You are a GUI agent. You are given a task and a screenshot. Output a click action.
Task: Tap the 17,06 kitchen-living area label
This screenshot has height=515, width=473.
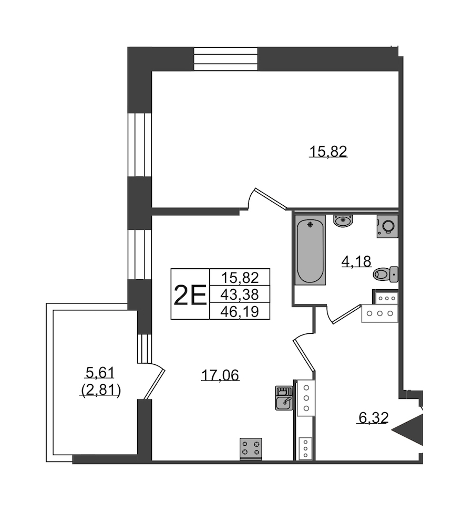[x=220, y=374]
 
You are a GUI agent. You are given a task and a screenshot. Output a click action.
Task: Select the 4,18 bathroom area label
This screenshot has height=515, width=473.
[x=356, y=261]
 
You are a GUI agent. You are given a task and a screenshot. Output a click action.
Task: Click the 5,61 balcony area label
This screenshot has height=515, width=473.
[x=100, y=372]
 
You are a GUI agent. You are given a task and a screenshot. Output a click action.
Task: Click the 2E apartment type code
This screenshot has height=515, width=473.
[x=190, y=295]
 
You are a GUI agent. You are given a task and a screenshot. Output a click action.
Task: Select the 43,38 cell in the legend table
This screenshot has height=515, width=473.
[x=240, y=295]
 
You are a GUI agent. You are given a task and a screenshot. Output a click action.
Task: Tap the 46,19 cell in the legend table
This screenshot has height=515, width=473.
[x=240, y=311]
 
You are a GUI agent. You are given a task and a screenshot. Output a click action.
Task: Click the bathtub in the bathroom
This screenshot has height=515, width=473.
[x=310, y=249]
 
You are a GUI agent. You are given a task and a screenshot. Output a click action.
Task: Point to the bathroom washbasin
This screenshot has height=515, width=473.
[x=343, y=220]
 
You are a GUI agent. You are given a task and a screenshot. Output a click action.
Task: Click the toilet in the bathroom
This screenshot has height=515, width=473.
[x=386, y=274]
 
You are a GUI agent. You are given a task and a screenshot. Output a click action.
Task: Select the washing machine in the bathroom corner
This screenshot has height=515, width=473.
[x=387, y=226]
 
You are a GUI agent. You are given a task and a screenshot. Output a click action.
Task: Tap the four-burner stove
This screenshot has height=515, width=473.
[x=251, y=449]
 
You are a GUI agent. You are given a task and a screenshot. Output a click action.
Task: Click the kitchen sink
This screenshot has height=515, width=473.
[x=284, y=398]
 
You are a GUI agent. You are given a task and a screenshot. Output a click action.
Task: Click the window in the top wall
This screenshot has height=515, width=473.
[x=225, y=59]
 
